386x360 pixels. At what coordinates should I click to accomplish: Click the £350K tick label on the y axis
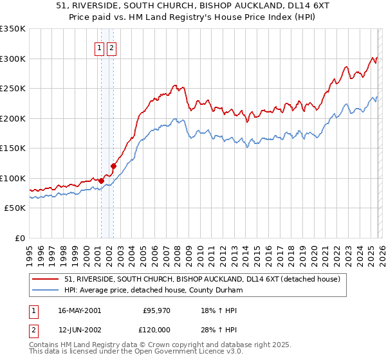pos(13,29)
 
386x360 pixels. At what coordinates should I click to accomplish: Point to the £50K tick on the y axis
pos(15,208)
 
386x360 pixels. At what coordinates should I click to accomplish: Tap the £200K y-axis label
pos(13,118)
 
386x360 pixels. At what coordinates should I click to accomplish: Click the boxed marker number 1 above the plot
pos(100,48)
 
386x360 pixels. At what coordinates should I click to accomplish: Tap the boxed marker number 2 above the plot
pos(112,48)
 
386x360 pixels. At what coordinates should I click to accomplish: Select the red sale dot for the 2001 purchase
pos(101,181)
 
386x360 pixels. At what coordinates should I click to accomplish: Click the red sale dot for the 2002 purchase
pos(113,166)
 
